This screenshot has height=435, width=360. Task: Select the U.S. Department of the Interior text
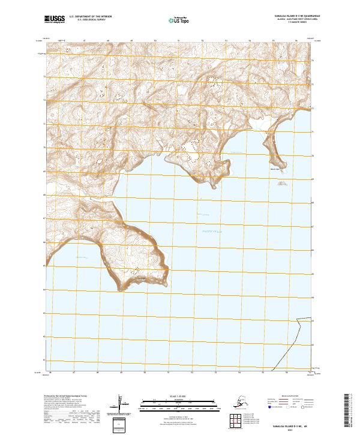[89, 18]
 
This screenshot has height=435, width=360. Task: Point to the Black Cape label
[274, 169]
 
